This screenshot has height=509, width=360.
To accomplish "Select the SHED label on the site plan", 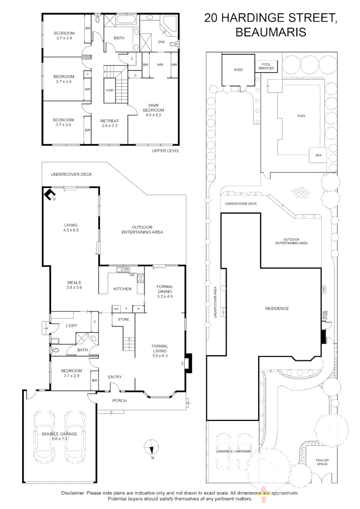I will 238,70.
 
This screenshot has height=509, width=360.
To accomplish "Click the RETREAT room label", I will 109,123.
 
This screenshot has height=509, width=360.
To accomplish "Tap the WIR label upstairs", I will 160,64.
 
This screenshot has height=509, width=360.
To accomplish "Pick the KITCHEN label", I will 122,289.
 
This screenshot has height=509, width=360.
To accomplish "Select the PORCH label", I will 119,400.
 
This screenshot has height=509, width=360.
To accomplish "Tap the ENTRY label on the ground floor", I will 115,377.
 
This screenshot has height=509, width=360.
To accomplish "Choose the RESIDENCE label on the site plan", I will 277,308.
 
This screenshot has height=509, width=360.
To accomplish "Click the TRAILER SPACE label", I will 322,462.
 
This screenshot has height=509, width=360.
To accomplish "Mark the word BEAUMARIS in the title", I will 270,32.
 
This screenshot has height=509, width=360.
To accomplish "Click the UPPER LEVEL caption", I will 165,151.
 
